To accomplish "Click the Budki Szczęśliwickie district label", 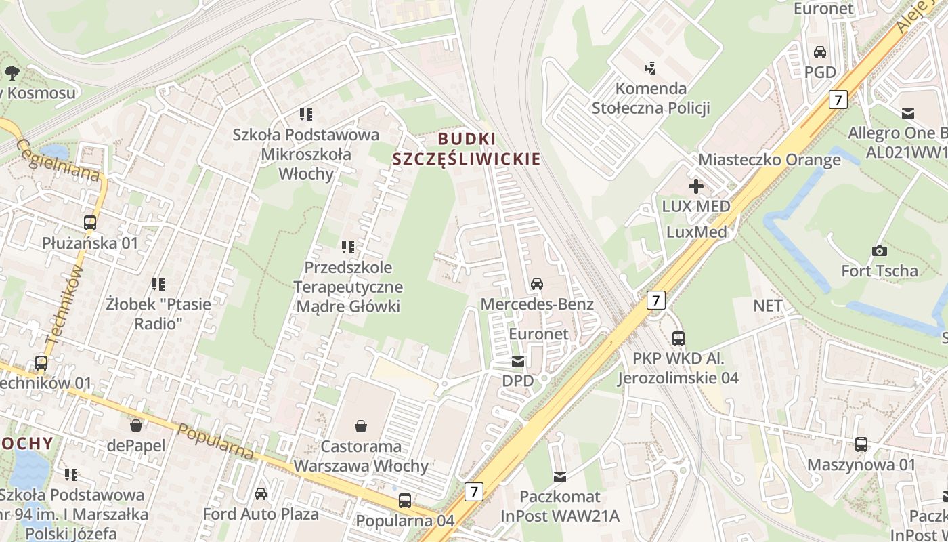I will click(x=467, y=149).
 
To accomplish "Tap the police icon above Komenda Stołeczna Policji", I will click(x=651, y=68).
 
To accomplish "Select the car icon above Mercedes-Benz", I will click(x=537, y=283).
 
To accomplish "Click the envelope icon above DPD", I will click(x=518, y=362).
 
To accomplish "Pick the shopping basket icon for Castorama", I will click(x=361, y=426).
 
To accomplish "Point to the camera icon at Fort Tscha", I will click(x=880, y=251).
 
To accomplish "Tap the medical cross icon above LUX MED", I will click(x=695, y=186).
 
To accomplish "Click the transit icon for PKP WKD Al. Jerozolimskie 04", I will click(x=678, y=338).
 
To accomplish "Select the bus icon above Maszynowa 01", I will click(x=861, y=444).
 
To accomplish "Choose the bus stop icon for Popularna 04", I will click(x=405, y=501).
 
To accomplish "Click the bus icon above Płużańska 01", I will click(x=90, y=222).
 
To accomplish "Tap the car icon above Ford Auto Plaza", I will click(x=261, y=494).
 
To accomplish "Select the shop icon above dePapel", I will click(x=136, y=425).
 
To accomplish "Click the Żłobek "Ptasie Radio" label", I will click(x=158, y=314).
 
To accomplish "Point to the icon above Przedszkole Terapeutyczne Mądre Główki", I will click(x=348, y=247).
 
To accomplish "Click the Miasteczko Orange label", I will click(x=769, y=160).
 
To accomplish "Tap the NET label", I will click(x=768, y=306).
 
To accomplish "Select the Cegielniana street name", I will click(x=58, y=160).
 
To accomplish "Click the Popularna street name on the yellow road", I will click(x=215, y=442).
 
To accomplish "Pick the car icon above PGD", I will click(x=820, y=52).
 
